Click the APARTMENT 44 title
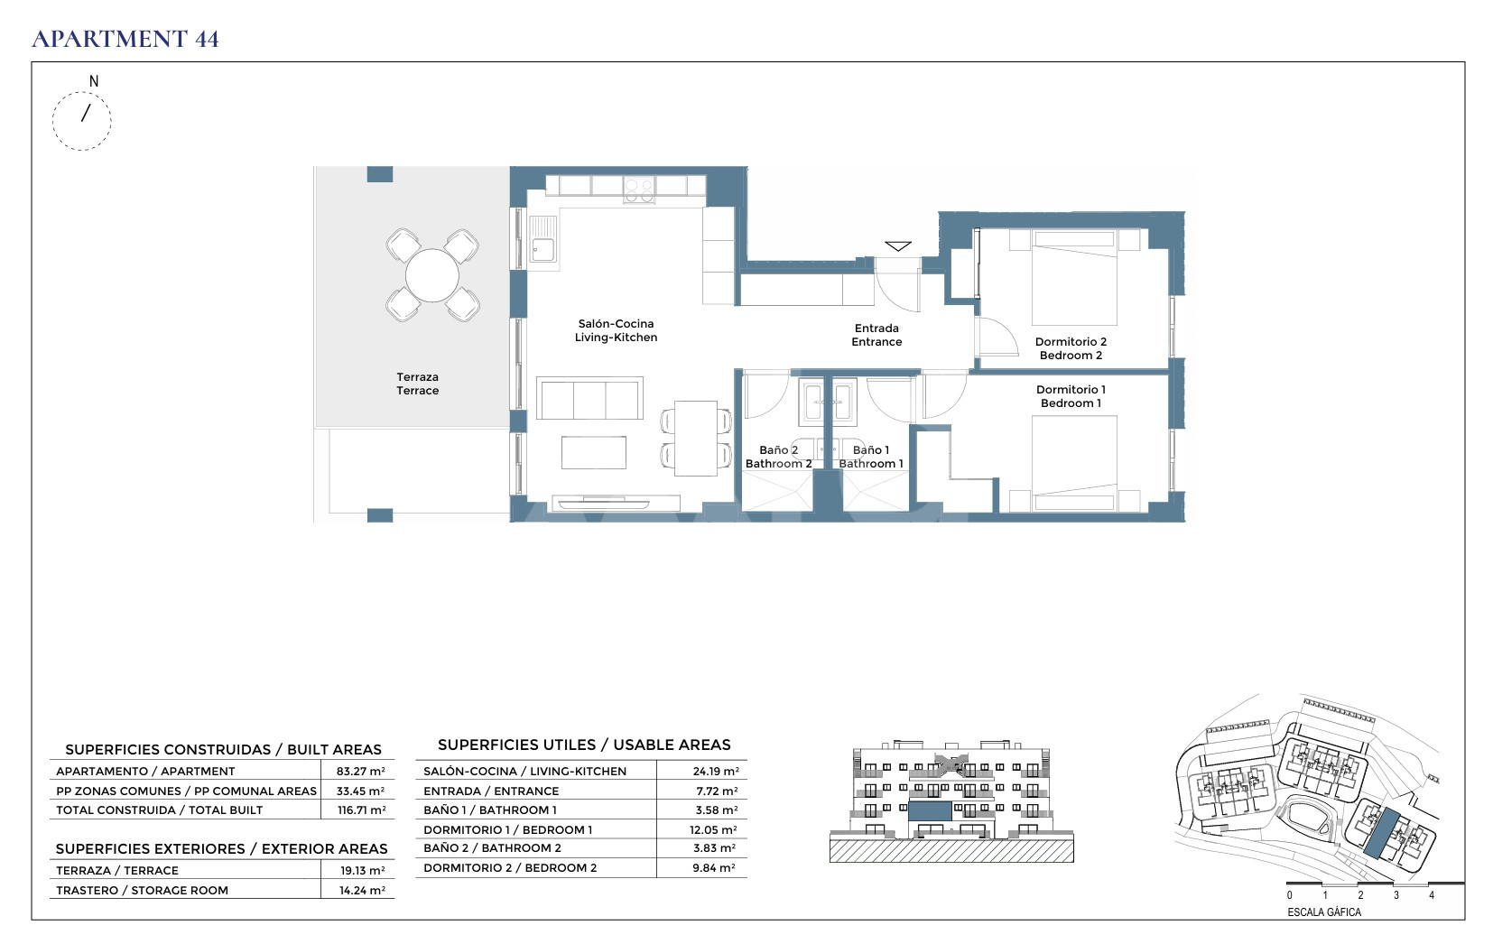click(125, 39)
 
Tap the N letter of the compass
click(94, 81)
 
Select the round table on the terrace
click(431, 275)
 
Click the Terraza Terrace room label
click(417, 384)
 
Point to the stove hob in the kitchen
click(638, 190)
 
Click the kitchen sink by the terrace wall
click(543, 240)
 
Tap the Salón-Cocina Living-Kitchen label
click(616, 330)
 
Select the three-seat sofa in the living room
click(589, 398)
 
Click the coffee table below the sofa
click(593, 452)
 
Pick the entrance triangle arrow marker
click(898, 246)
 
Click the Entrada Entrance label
click(876, 335)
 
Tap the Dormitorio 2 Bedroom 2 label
click(1071, 348)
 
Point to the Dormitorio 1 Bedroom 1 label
click(1071, 396)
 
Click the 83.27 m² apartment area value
click(360, 772)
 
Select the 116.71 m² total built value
click(361, 810)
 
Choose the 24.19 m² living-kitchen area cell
click(716, 772)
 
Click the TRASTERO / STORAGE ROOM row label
click(142, 891)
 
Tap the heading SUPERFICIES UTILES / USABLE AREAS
click(584, 745)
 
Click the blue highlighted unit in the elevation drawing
click(930, 810)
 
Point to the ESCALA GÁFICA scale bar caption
click(1323, 912)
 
